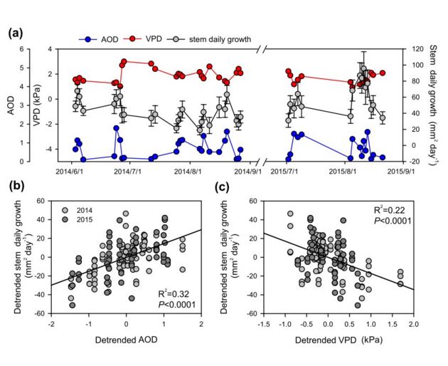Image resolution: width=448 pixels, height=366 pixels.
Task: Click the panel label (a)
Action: pos(16,33)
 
